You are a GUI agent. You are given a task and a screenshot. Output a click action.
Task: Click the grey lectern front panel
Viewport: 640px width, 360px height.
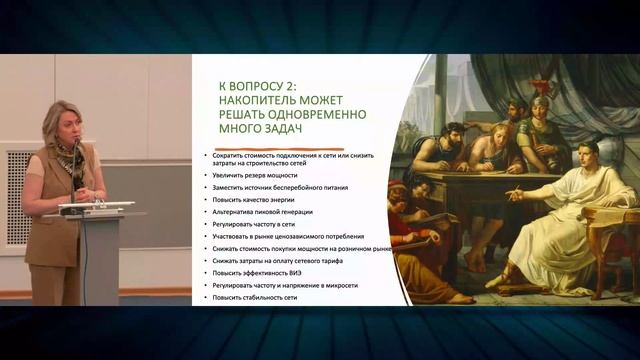(x=105, y=260)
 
